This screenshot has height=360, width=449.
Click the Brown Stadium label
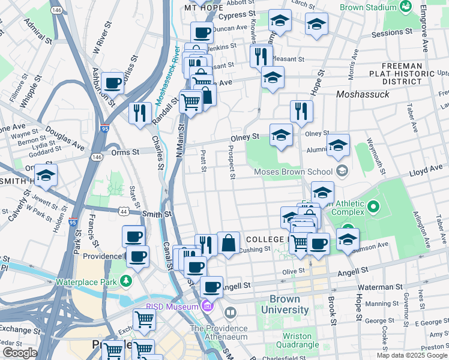point(368,7)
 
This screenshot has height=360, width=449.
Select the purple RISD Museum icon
point(208,307)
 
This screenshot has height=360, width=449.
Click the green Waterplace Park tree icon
point(125,281)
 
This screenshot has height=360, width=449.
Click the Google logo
point(20,353)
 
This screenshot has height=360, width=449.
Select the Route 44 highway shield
point(124,212)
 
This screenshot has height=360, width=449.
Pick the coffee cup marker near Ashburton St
point(112,82)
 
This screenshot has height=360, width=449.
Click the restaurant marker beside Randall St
point(140,112)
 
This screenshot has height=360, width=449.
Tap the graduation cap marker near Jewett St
point(45,176)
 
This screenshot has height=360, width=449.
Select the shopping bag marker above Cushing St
point(229,244)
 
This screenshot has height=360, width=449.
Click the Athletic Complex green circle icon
point(373,208)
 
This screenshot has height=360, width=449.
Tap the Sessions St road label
point(391,33)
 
